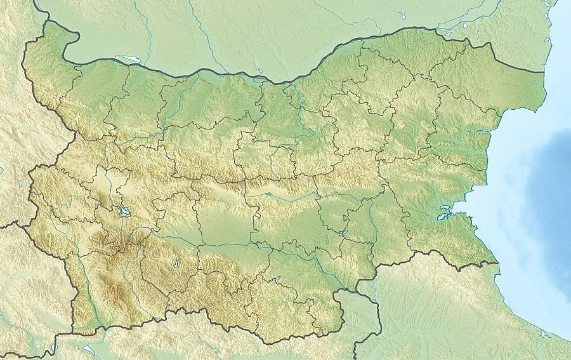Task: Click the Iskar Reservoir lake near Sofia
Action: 121,210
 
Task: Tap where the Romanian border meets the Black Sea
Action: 544,72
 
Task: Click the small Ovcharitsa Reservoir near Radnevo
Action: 343,234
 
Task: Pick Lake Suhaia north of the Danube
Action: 261,72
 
